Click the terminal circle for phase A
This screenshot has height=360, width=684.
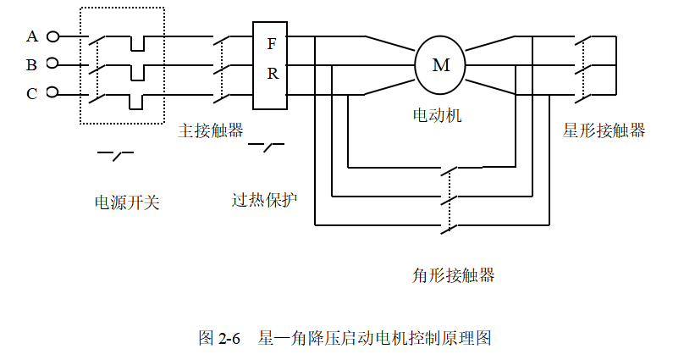(52, 36)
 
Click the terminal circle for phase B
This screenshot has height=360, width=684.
(52, 64)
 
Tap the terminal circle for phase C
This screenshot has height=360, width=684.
(52, 91)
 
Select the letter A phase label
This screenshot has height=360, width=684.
(32, 36)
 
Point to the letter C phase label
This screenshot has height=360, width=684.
(32, 93)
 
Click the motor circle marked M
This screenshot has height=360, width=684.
(440, 64)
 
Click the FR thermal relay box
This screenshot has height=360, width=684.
(272, 64)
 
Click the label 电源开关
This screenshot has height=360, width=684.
(127, 202)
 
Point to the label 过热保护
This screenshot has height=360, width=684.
(265, 201)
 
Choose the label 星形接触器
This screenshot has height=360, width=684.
(604, 130)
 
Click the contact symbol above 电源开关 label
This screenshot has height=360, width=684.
(116, 154)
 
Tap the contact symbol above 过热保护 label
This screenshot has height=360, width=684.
(266, 148)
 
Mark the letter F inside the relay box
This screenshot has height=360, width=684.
(272, 43)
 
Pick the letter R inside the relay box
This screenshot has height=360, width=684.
(272, 74)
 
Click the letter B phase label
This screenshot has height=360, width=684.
(32, 64)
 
